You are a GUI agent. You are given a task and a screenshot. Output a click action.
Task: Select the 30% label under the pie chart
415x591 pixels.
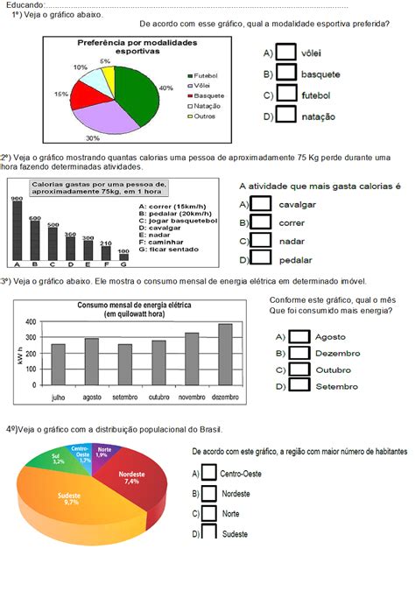92,138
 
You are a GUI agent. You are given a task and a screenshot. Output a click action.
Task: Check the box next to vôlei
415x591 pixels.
285,52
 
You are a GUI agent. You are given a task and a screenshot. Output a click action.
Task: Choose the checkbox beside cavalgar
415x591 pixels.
260,203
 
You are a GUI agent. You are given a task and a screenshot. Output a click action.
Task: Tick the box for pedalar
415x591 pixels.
260,257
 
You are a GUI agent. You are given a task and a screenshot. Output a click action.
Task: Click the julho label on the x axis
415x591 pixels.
58,397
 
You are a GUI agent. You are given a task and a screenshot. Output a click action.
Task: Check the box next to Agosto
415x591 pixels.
299,336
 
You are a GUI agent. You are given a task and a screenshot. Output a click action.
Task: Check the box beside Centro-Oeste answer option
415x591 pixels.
209,472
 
